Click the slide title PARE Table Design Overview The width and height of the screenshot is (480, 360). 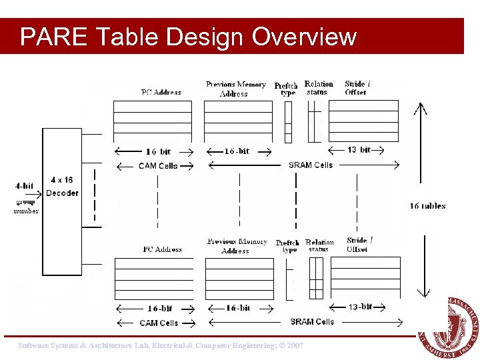[188, 37]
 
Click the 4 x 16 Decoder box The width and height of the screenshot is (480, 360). [62, 187]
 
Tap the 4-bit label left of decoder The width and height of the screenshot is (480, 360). [24, 186]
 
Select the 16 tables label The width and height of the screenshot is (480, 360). [427, 206]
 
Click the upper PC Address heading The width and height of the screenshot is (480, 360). [161, 92]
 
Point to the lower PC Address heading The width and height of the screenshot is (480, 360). [163, 249]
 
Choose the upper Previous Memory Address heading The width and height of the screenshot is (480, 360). [235, 89]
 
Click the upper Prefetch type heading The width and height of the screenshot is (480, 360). [286, 89]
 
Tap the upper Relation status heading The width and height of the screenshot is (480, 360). [318, 87]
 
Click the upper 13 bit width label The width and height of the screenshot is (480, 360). [359, 150]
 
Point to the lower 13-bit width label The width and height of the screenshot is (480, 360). [361, 307]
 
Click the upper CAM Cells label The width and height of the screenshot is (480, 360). [158, 165]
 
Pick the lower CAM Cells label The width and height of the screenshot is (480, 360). [159, 323]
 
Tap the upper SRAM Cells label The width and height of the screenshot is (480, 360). [310, 165]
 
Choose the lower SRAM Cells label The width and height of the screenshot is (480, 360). [312, 321]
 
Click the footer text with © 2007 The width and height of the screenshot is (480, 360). [161, 346]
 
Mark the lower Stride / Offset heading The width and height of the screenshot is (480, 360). [359, 245]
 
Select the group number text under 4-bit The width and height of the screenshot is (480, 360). [27, 206]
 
